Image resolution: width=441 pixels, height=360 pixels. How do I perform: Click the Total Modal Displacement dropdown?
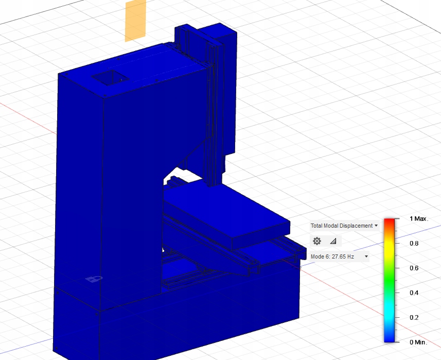344,226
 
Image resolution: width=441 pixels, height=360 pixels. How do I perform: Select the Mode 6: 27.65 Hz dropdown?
339,256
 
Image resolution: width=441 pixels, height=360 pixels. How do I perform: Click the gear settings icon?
317,241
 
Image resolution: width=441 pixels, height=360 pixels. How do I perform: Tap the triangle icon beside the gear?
332,241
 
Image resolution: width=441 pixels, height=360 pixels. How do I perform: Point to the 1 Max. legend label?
418,219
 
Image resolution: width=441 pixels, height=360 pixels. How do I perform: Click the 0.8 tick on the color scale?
413,243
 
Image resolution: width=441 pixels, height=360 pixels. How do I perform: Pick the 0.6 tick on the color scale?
413,268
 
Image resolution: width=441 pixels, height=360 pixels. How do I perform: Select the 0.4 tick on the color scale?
413,293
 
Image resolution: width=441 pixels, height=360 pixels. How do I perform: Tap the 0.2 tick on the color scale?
413,317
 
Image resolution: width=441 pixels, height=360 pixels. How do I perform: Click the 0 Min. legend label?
418,342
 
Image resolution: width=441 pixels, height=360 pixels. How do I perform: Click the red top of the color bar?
390,221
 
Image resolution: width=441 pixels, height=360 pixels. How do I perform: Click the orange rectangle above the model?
135,20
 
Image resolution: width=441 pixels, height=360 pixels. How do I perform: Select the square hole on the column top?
110,78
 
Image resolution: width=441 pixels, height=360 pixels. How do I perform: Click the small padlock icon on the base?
93,279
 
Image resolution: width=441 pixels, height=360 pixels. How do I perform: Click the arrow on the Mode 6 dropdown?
366,256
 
